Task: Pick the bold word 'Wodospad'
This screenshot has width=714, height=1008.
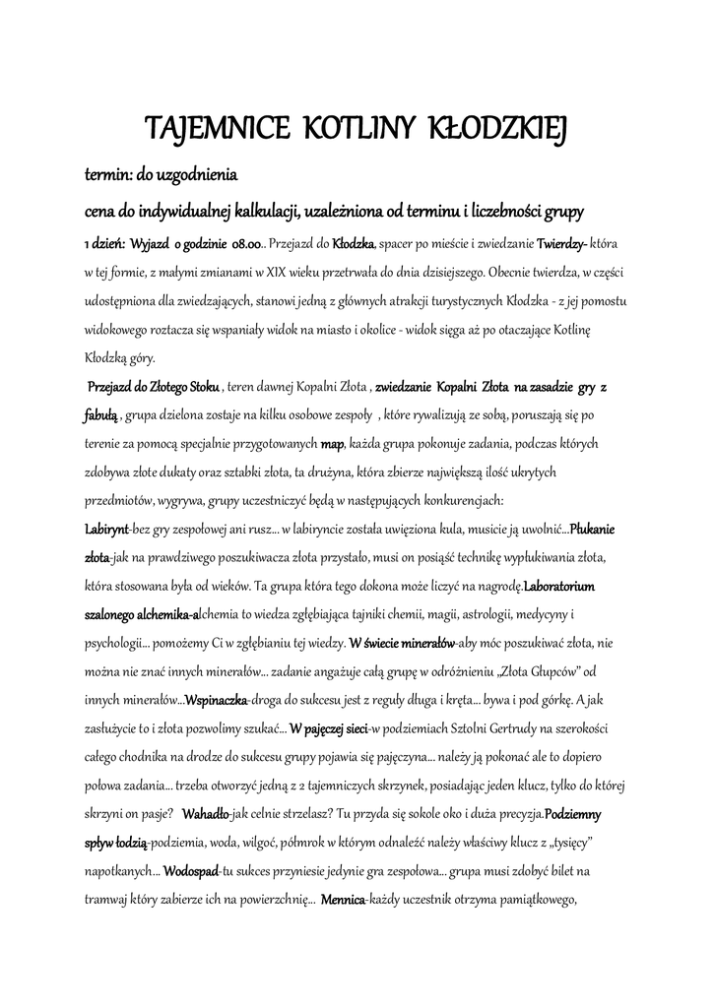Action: coord(191,872)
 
